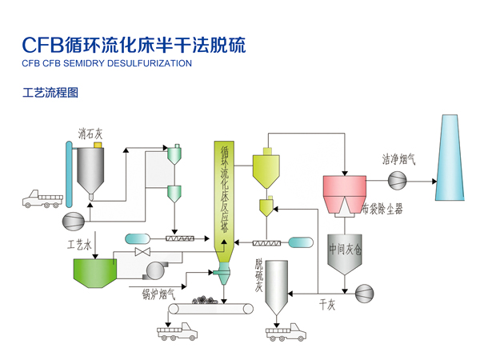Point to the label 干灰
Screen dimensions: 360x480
(326, 304)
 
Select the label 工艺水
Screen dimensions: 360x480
(81, 242)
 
